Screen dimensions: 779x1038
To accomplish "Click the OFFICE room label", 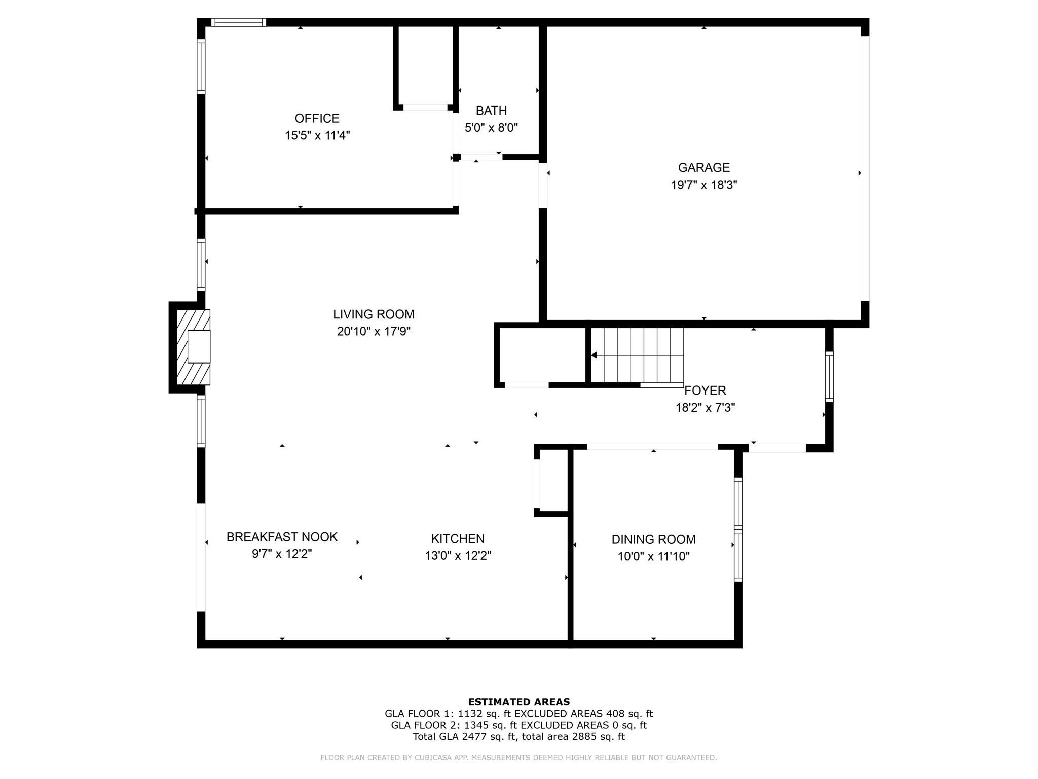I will (317, 118).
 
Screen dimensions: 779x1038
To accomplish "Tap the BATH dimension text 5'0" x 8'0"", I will (491, 127).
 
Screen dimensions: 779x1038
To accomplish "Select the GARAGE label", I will (703, 167).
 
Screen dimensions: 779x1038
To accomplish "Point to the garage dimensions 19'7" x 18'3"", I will (703, 185).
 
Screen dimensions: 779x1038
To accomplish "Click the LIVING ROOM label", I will (374, 314).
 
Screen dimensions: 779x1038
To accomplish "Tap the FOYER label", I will (705, 391).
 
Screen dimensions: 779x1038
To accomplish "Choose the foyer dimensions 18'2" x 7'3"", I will (705, 408).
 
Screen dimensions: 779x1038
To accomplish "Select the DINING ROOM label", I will (653, 539).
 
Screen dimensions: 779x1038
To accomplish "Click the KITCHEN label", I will (458, 539).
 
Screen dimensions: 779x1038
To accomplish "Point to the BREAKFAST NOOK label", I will (282, 537).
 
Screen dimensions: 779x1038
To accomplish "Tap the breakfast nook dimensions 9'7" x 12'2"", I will (282, 554).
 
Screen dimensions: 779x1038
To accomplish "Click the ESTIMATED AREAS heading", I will (518, 702).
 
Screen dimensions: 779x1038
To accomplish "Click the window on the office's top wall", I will (238, 22).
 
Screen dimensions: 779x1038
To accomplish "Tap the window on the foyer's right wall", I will (829, 377).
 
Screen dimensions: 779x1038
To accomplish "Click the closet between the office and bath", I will (425, 66).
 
